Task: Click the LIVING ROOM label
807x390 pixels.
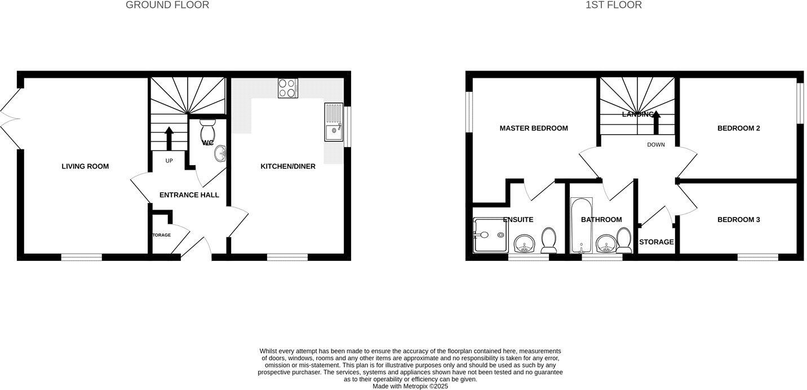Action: pyautogui.click(x=85, y=166)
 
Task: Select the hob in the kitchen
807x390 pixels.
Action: pyautogui.click(x=287, y=88)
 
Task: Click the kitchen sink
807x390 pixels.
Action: pyautogui.click(x=333, y=122)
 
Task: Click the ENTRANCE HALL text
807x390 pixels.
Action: pyautogui.click(x=189, y=195)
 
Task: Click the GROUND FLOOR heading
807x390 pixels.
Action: pyautogui.click(x=167, y=5)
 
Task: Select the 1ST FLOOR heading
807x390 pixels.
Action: pyautogui.click(x=613, y=5)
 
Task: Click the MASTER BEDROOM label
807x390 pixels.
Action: pyautogui.click(x=534, y=128)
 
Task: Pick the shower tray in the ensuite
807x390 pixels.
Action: pyautogui.click(x=488, y=234)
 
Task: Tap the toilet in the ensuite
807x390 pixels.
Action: pyautogui.click(x=549, y=241)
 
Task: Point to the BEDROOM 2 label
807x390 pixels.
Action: pyautogui.click(x=738, y=128)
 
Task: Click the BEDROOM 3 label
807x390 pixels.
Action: pyautogui.click(x=738, y=219)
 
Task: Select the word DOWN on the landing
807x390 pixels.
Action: pyautogui.click(x=656, y=145)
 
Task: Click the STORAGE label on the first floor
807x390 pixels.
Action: pyautogui.click(x=656, y=242)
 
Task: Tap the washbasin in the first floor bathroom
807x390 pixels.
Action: pyautogui.click(x=606, y=244)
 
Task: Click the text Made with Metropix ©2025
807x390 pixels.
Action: pyautogui.click(x=410, y=386)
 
